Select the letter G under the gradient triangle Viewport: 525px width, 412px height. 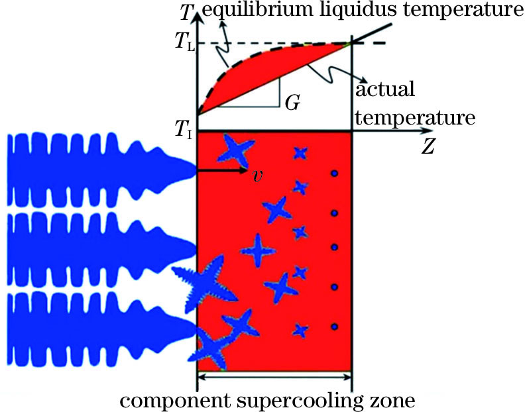[290, 103]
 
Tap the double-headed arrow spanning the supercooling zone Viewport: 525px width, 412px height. [274, 378]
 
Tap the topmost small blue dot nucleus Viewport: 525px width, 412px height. [335, 174]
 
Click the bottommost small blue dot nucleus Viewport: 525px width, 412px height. [335, 327]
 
